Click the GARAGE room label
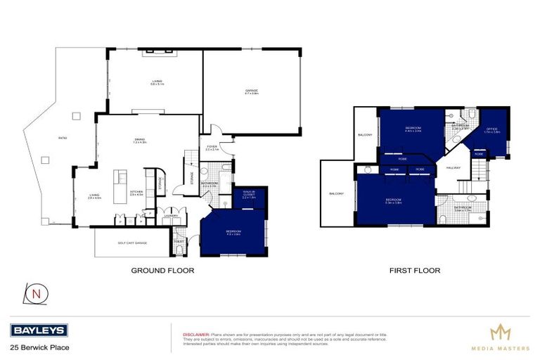252,91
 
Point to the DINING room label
140,141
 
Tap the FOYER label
212,148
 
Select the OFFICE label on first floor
492,129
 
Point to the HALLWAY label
452,169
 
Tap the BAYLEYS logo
39,330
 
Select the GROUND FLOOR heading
162,270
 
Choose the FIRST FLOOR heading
415,270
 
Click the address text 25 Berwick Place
39,347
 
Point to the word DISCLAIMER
197,335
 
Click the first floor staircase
479,169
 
